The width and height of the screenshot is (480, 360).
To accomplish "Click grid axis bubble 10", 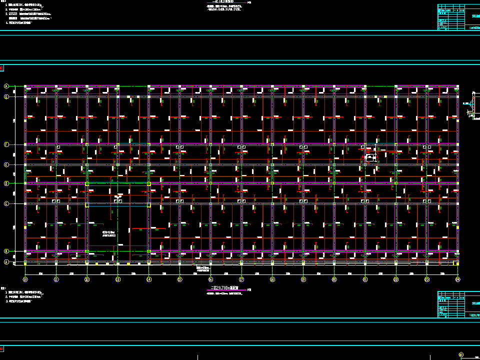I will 25,279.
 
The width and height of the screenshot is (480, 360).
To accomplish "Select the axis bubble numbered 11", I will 56,279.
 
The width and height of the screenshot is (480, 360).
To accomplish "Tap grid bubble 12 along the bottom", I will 87,279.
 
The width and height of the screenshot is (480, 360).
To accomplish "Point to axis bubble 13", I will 118,279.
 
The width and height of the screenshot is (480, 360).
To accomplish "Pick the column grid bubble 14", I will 148,279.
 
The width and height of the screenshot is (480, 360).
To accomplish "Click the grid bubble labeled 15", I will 179,279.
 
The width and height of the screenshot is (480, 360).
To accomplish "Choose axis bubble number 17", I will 241,279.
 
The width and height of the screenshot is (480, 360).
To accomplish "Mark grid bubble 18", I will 272,279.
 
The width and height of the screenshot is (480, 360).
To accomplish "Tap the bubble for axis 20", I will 334,279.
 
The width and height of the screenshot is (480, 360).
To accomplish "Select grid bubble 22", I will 396,279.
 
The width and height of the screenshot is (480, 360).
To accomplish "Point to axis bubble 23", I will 426,279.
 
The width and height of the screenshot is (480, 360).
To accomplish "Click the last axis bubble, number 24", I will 457,279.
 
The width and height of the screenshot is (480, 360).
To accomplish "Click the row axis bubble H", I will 6,86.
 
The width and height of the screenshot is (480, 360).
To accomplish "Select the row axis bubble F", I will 6,144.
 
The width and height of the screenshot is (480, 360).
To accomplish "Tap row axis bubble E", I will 6,164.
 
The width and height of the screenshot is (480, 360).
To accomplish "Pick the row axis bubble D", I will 6,183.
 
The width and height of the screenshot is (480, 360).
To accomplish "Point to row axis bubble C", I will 6,203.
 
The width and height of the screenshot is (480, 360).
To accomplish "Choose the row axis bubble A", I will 6,262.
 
